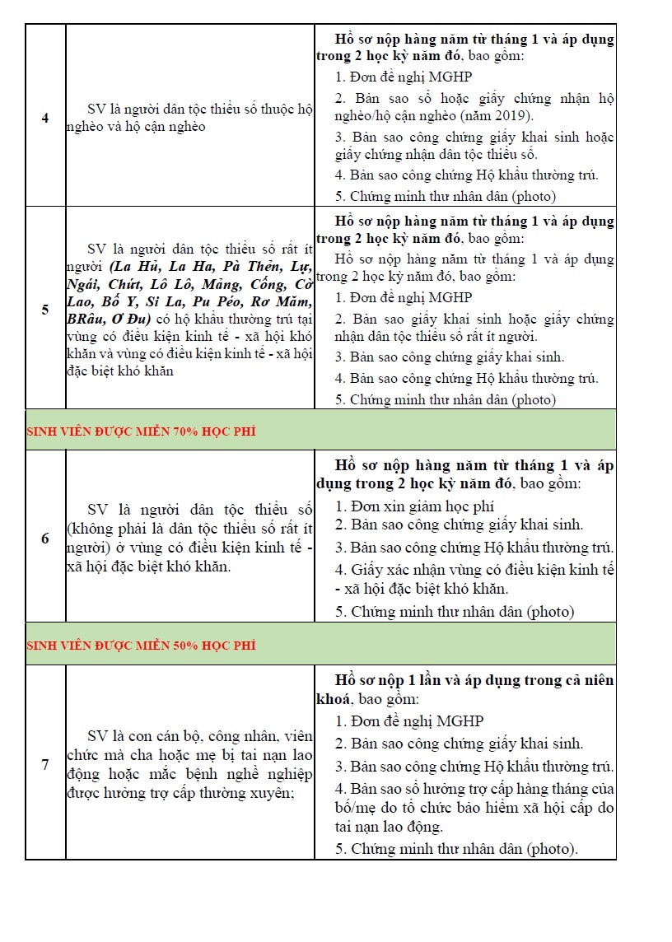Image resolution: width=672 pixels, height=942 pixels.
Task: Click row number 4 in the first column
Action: tap(45, 118)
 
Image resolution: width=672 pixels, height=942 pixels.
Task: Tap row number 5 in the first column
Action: tap(45, 310)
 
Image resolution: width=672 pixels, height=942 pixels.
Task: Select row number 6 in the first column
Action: tap(45, 539)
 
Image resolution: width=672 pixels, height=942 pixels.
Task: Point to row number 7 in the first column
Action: tap(45, 765)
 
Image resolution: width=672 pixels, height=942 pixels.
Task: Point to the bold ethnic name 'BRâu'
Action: tap(86, 319)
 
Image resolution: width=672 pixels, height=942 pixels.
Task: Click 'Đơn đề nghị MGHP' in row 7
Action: tap(417, 720)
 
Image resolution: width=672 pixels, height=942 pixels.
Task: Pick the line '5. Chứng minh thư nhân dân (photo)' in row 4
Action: tap(446, 196)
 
